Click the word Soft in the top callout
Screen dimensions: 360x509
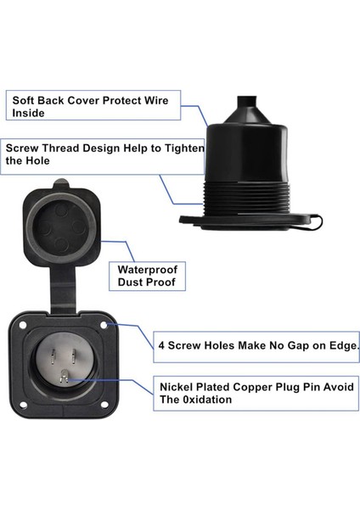[24, 100]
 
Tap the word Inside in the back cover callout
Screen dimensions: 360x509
[28, 113]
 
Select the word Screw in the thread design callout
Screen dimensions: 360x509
[22, 148]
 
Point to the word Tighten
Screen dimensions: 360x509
[185, 148]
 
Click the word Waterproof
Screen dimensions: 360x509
[148, 270]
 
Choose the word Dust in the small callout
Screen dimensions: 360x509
[130, 282]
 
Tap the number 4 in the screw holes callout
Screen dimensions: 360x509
[161, 345]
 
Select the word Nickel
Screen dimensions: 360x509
[177, 387]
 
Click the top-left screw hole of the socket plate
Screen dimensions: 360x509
[23, 325]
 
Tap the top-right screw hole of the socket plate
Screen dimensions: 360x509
[104, 325]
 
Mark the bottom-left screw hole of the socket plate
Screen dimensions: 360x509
[23, 405]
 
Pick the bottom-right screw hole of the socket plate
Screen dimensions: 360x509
[104, 405]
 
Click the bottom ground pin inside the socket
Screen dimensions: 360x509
[64, 378]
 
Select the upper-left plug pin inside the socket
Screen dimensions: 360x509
[53, 357]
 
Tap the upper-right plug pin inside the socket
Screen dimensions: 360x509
[74, 356]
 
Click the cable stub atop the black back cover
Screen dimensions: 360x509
[247, 103]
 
